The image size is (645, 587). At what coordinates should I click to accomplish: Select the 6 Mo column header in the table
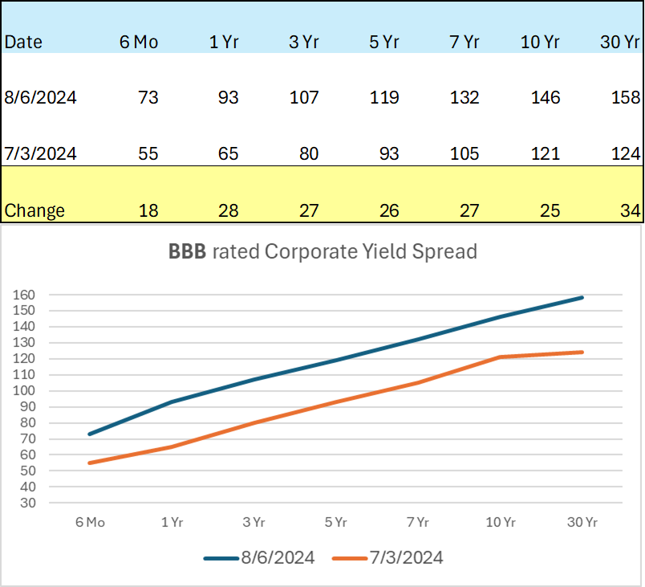[139, 43]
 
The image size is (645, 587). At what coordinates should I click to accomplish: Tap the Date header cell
[24, 43]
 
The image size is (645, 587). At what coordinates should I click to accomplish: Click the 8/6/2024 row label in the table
[41, 98]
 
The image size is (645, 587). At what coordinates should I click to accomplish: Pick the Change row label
[34, 211]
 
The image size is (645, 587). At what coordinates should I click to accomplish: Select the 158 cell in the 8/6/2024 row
[626, 98]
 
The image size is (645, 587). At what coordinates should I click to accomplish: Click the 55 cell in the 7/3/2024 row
[148, 153]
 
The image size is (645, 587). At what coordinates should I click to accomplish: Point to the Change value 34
[631, 211]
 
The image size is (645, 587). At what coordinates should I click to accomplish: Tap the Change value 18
[148, 211]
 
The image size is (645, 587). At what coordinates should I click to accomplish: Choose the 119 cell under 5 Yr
[385, 98]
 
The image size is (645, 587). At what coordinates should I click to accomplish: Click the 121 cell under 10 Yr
[546, 153]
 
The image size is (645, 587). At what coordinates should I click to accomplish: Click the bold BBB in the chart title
[185, 252]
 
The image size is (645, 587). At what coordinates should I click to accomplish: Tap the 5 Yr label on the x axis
[336, 523]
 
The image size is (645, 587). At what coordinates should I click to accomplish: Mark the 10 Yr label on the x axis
[500, 523]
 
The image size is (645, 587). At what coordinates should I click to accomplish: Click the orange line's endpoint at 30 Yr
[582, 352]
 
